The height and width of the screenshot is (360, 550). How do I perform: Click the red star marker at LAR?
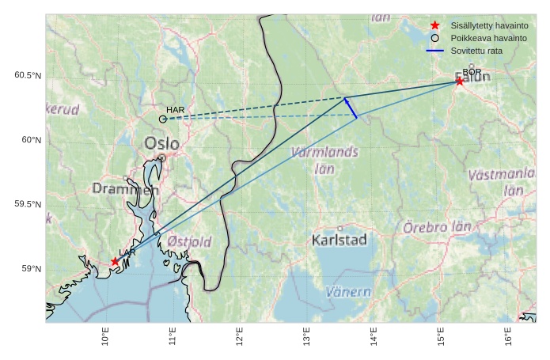[x=115, y=261]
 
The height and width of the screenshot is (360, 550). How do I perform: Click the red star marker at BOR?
[x=460, y=81]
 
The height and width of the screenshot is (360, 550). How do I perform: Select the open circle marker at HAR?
[x=163, y=119]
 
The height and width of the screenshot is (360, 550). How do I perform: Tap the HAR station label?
[x=175, y=109]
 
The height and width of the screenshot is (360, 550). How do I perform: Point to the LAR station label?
[x=127, y=252]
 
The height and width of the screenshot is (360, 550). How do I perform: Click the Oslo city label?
[x=161, y=143]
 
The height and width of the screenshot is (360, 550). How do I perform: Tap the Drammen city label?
[x=125, y=189]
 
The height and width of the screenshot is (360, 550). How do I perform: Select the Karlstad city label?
[x=339, y=240]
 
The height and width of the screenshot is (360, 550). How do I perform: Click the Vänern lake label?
[x=348, y=292]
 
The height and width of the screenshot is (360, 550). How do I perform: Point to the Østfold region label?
[x=189, y=241]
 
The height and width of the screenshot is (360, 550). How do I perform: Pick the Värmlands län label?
[x=324, y=159]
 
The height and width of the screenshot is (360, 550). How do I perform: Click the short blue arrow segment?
[x=351, y=108]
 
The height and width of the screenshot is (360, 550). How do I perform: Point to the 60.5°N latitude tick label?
[x=28, y=76]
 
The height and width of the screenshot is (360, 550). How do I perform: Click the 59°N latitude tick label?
[x=30, y=269]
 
